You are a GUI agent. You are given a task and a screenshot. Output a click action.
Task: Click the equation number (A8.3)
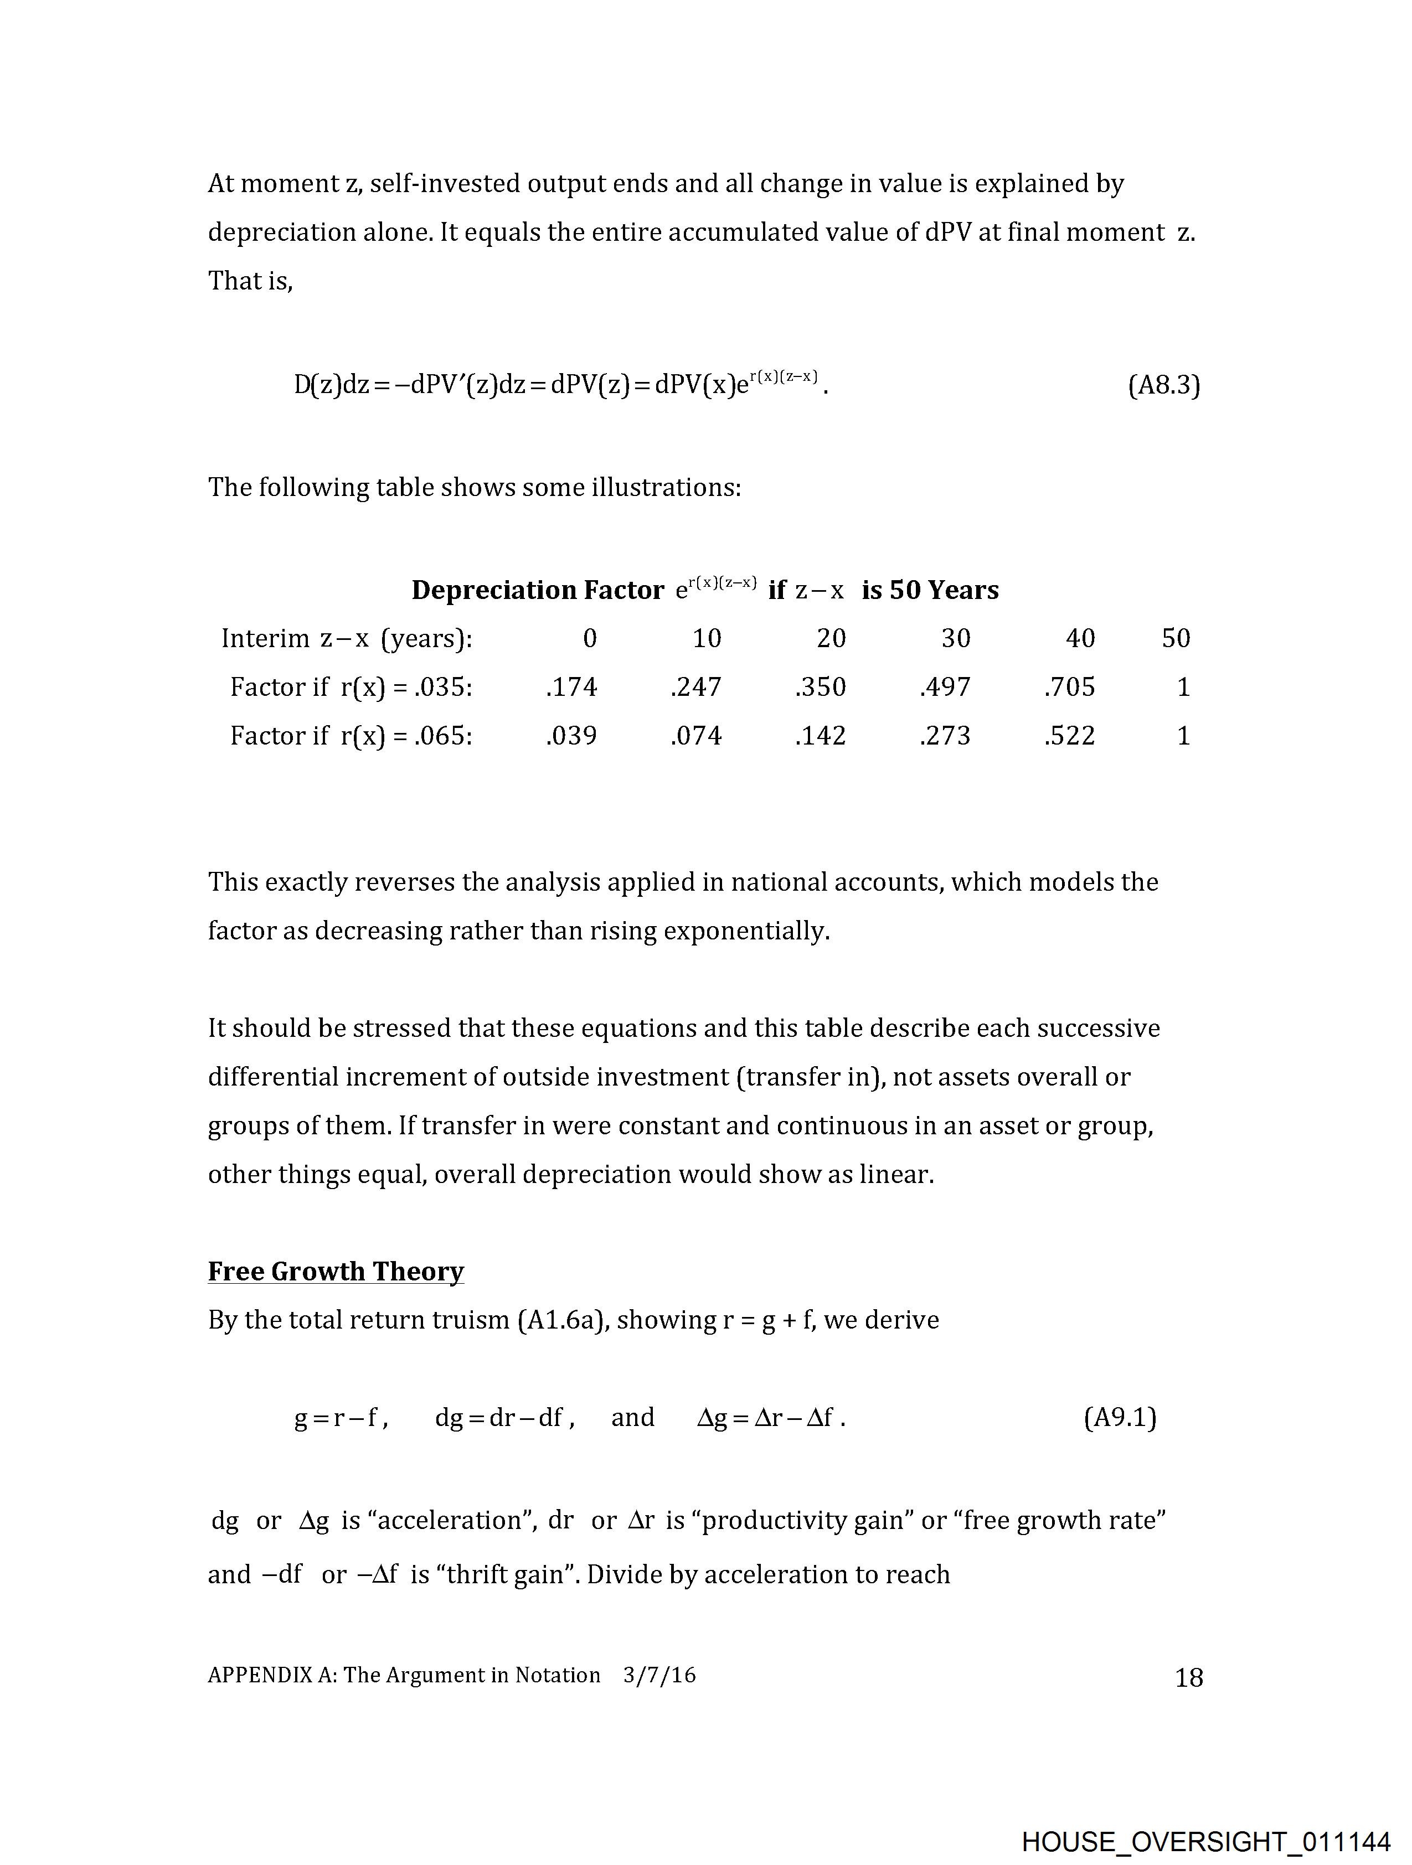[x=1163, y=385]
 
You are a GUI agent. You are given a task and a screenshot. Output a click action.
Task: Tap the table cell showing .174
[x=571, y=687]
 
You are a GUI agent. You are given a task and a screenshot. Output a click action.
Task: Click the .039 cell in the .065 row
[x=571, y=736]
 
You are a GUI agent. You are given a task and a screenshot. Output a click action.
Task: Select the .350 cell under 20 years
[x=820, y=687]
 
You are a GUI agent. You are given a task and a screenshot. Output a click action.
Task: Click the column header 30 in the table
[x=956, y=638]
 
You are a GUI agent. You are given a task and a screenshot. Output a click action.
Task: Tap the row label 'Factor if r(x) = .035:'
[x=351, y=687]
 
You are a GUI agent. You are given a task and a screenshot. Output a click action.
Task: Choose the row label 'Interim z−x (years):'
[x=347, y=638]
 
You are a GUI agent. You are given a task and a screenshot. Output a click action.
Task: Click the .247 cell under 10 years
[x=696, y=687]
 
